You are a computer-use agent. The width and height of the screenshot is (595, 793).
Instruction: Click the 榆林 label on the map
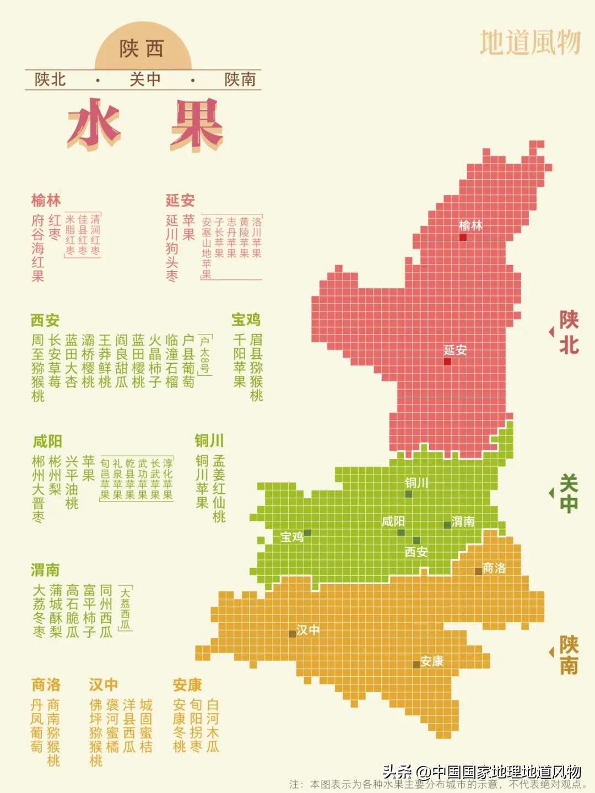pos(470,225)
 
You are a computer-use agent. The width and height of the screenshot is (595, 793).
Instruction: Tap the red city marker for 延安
pos(447,362)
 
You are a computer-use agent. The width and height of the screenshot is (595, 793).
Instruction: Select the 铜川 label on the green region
pos(416,483)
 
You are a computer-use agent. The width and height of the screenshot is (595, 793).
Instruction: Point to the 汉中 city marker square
pos(292,634)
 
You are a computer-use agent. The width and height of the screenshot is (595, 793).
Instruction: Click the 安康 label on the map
pos(431,661)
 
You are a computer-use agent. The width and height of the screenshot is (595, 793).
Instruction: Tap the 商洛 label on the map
pos(494,568)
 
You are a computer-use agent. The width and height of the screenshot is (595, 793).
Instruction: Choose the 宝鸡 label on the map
pos(291,537)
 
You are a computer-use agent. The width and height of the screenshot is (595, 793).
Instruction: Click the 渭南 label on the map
pos(463,521)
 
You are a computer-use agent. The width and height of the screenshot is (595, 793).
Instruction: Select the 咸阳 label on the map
pos(393,521)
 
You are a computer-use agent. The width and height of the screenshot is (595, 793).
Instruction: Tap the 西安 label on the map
pos(416,552)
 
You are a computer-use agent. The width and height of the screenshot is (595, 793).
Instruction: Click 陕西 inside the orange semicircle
pos(142,49)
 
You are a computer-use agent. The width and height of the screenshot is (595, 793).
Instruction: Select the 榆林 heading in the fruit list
pos(46,200)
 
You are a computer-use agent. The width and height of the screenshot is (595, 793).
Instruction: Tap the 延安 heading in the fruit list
pos(180,200)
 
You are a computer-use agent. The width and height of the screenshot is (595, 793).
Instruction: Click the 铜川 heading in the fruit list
pos(209,441)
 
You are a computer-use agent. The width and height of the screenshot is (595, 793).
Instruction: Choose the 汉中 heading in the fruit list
pos(104,684)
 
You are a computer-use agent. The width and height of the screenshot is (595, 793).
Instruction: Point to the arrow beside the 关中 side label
pos(551,493)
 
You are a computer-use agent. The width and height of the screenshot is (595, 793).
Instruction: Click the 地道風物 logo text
pos(530,42)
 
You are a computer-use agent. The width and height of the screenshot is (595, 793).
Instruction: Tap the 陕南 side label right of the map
pos(569,655)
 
